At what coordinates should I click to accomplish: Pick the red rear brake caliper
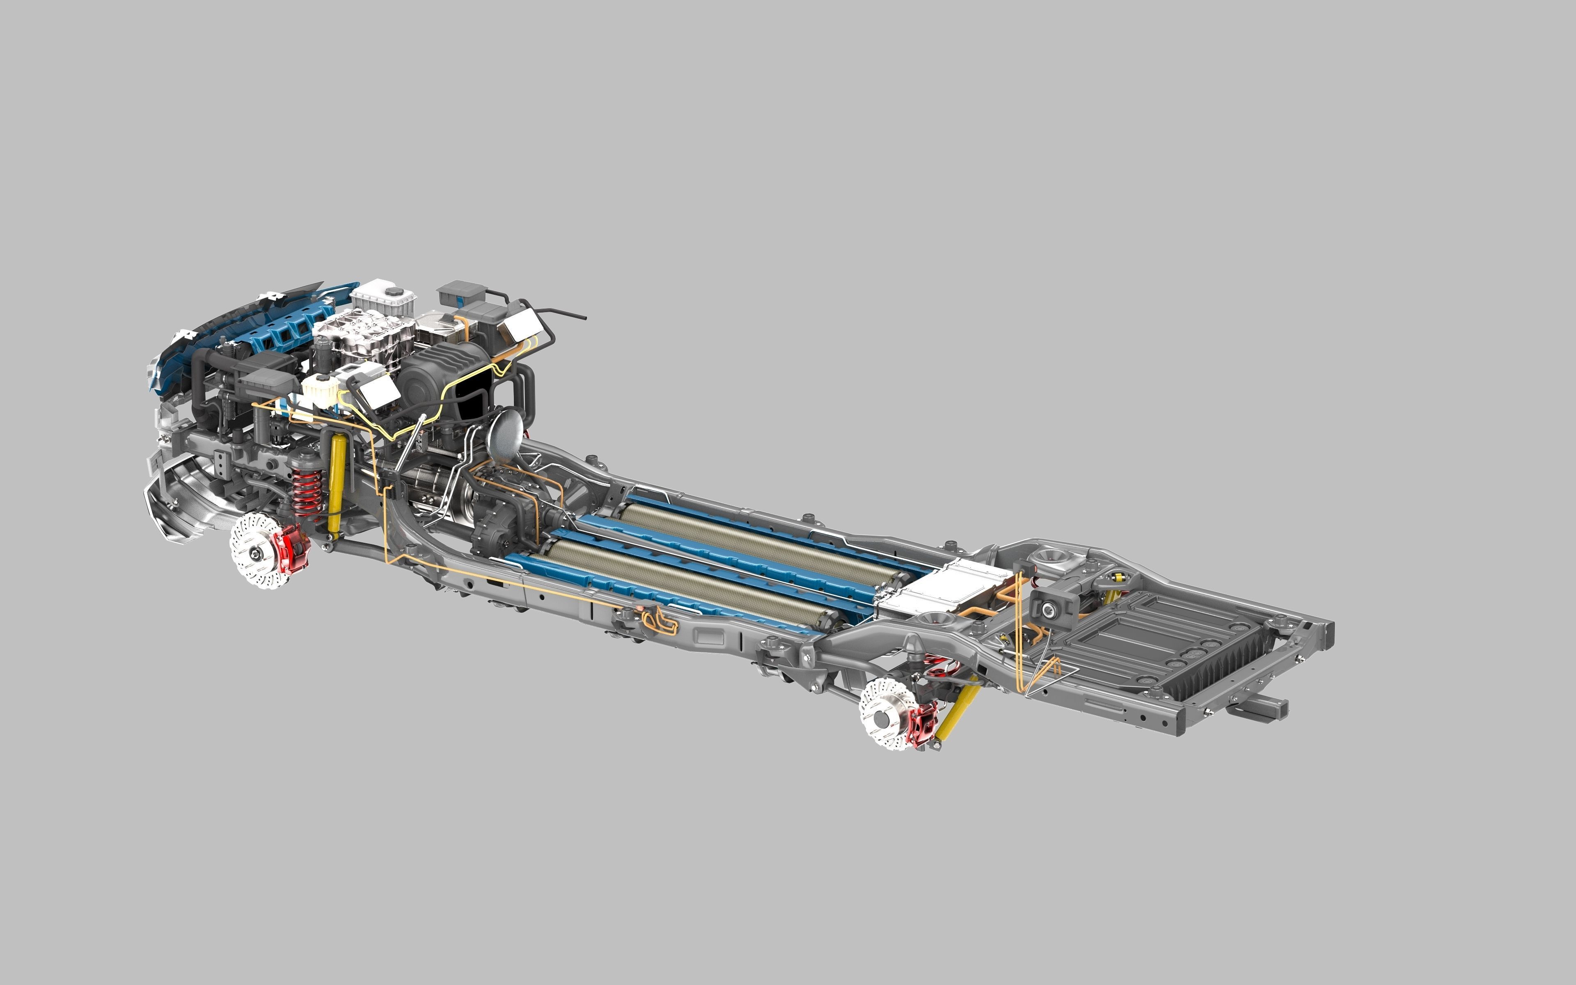pos(925,722)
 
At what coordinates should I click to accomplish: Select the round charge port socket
pos(1049,610)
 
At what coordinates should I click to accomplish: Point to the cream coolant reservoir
pos(319,391)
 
